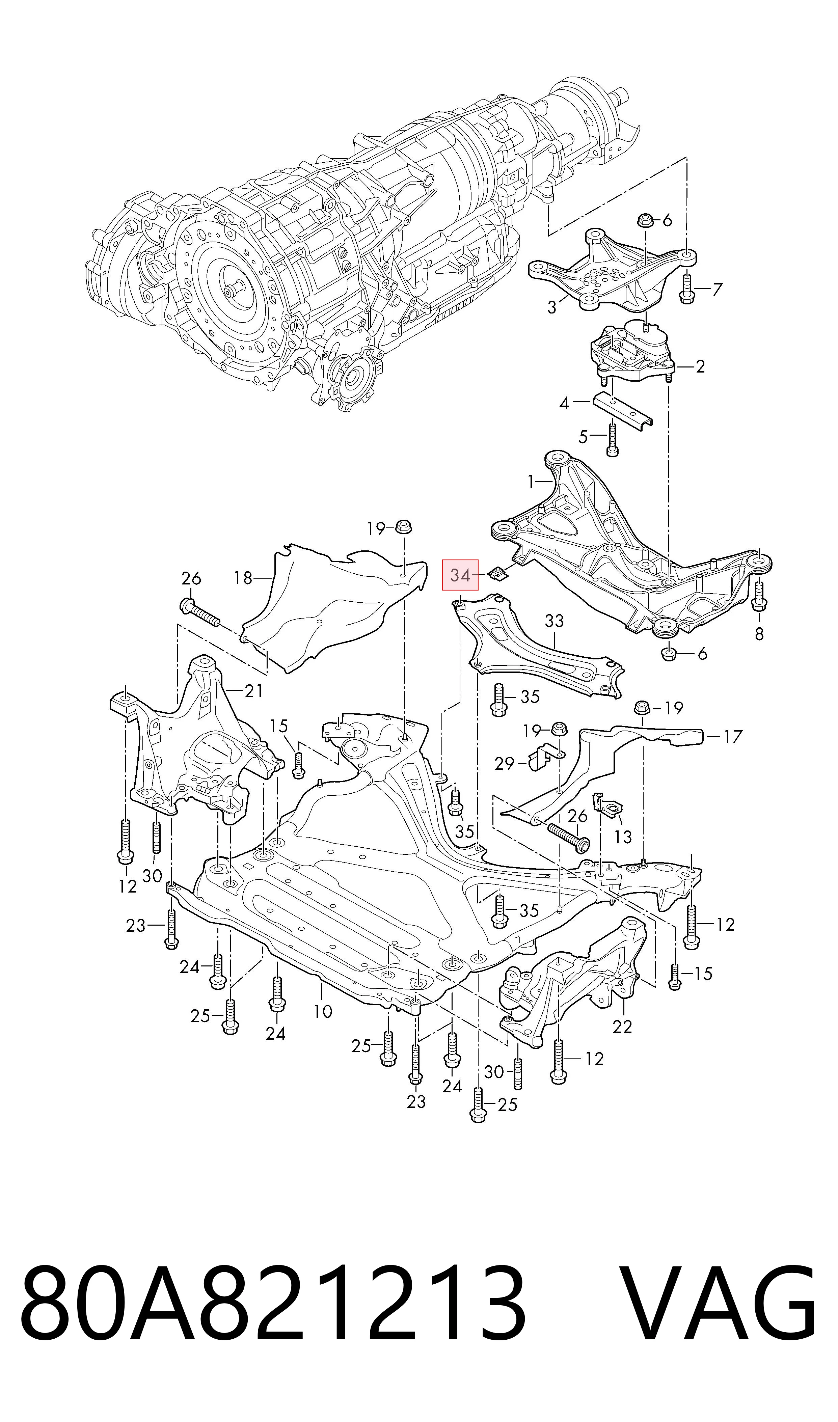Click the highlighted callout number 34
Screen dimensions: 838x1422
pos(460,575)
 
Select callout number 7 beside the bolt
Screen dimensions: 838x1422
pos(717,290)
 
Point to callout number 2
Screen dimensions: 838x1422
pos(700,367)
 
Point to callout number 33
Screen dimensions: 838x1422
pos(555,621)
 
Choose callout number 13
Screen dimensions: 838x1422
pos(623,836)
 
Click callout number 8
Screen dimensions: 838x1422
pos(759,634)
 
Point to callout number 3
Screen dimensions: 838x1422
pos(552,308)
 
